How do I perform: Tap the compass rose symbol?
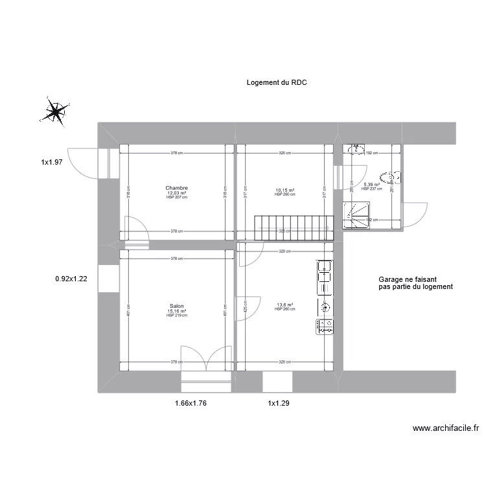(x=55, y=111)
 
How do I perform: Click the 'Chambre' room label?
(x=176, y=189)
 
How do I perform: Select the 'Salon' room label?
(x=176, y=306)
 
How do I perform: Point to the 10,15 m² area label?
(x=284, y=191)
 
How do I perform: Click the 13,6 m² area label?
(x=284, y=305)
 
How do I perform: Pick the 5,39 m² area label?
(x=371, y=185)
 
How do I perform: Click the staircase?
(x=293, y=227)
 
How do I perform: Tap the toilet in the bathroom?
(x=391, y=175)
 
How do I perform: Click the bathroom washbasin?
(x=356, y=150)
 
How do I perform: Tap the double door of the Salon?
(x=206, y=360)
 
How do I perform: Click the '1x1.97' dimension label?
(x=51, y=163)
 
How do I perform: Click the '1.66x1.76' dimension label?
(x=191, y=403)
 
